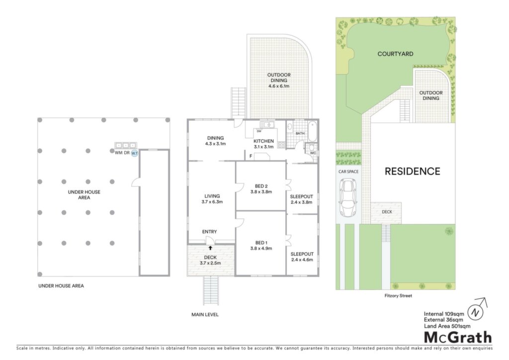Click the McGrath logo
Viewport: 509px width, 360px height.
[x=458, y=338]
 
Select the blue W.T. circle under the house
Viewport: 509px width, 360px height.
[x=134, y=153]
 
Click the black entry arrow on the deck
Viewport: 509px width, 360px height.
[x=210, y=248]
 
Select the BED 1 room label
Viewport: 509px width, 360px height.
[x=261, y=246]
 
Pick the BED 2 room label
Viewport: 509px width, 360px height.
[x=261, y=189]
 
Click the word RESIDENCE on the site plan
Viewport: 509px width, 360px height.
[x=412, y=172]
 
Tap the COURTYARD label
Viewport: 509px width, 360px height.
[x=395, y=54]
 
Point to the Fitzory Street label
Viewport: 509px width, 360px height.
[x=398, y=296]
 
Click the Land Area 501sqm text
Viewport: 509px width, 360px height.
[x=447, y=326]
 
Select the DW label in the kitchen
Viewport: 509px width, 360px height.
[x=259, y=131]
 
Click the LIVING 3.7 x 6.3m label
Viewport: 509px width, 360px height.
[x=212, y=199]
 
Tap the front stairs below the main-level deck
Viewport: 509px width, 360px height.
[x=211, y=290]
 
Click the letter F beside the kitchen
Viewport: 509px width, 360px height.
[x=251, y=156]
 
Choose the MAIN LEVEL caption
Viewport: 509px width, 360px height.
[x=205, y=315]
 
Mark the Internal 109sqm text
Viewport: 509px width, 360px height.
[x=444, y=314]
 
